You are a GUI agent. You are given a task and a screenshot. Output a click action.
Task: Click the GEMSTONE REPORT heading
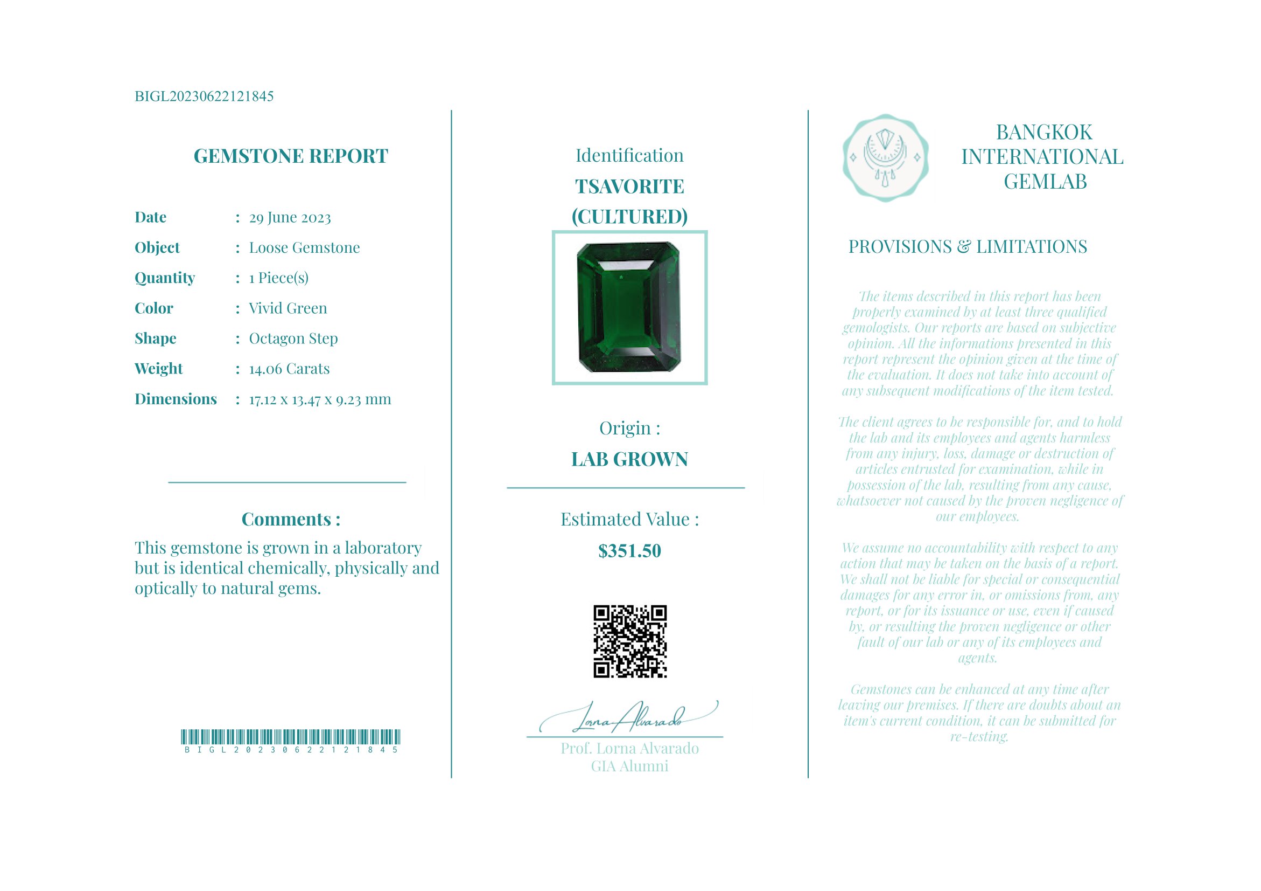click(291, 156)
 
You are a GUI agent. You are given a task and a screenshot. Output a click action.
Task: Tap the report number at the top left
click(204, 96)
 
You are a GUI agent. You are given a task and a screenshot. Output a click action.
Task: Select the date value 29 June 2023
click(290, 218)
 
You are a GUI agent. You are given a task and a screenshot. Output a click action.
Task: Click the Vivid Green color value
click(288, 308)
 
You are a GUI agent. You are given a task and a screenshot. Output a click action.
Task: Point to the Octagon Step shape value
click(293, 339)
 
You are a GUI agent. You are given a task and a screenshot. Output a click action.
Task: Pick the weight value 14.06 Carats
click(290, 369)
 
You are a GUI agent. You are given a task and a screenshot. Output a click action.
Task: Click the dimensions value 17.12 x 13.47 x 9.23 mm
click(320, 399)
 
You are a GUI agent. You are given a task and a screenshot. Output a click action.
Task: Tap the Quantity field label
click(165, 278)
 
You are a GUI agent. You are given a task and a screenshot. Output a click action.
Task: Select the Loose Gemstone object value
click(304, 248)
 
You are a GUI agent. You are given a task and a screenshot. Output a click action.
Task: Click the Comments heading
click(291, 520)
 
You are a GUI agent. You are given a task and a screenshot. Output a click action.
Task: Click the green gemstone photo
click(629, 308)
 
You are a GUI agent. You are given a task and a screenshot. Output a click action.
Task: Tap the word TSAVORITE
click(629, 187)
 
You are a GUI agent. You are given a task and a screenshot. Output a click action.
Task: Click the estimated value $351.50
click(629, 551)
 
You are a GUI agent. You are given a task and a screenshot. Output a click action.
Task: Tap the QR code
click(630, 641)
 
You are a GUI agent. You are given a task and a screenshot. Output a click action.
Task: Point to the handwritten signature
click(629, 717)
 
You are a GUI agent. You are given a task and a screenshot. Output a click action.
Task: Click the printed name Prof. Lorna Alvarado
click(629, 749)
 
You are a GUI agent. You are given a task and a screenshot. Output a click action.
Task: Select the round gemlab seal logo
click(885, 158)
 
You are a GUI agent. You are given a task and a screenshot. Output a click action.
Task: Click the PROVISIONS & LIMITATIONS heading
click(968, 247)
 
